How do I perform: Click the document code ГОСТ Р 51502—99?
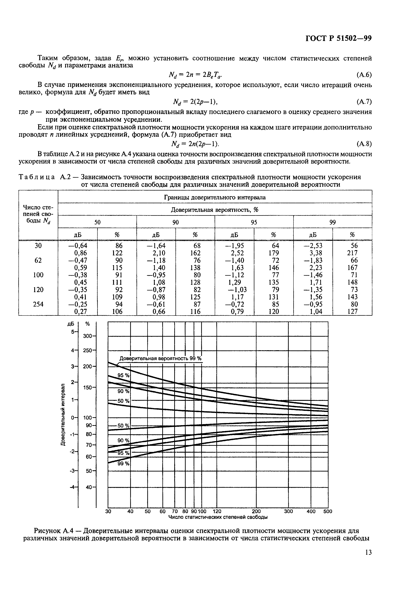[339, 38]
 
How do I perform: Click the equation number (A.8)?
[364, 144]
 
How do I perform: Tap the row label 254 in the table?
[38, 304]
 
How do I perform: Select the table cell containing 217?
[352, 253]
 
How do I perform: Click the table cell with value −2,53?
[313, 246]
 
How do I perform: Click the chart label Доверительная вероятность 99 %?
[160, 359]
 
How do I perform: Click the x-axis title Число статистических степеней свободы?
[218, 517]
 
